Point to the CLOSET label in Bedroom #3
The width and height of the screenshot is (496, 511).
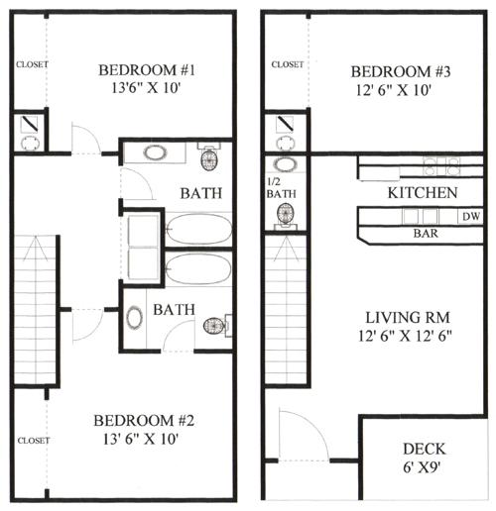[x=287, y=64]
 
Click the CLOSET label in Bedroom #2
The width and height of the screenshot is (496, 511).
[x=33, y=439]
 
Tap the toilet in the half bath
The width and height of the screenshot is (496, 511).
[x=286, y=215]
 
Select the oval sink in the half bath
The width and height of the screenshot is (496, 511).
[x=286, y=164]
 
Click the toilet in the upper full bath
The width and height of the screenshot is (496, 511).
[x=210, y=159]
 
